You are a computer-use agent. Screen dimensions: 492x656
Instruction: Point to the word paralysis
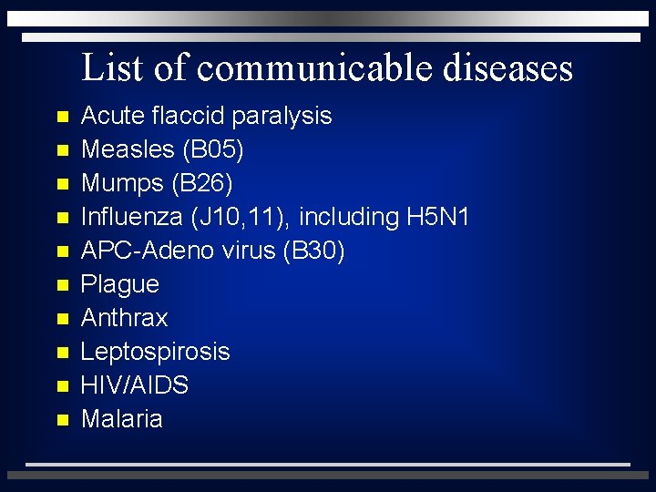point(282,117)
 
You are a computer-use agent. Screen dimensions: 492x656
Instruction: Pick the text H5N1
point(436,217)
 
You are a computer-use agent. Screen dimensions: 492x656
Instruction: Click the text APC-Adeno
point(136,251)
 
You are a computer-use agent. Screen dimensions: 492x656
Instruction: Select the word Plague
point(119,285)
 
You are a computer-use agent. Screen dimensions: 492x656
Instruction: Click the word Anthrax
point(124,318)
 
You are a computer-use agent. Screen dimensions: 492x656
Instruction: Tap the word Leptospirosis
point(155,353)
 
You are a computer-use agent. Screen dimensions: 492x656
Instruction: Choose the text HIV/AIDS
point(134,385)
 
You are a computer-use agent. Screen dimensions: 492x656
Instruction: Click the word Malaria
point(121,419)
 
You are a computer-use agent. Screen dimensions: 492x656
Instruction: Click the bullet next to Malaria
point(62,420)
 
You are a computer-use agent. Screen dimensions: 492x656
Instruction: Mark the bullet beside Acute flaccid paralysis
point(62,118)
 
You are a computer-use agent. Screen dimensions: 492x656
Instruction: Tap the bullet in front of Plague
point(62,285)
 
